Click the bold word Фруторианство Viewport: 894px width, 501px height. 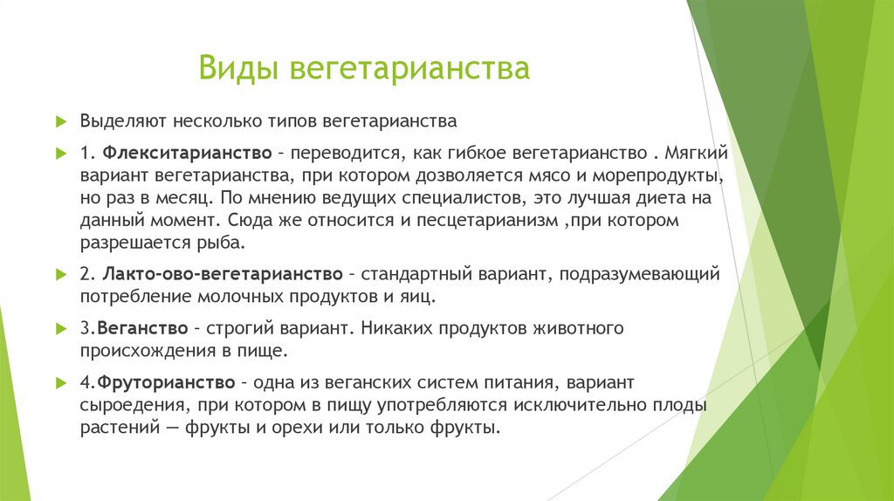point(166,383)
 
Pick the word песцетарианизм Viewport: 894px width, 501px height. point(490,221)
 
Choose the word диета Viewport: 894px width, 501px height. point(668,198)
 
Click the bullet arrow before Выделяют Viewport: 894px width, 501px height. point(61,120)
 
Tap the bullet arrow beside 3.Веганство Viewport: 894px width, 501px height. point(61,329)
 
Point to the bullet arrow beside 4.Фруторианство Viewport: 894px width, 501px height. point(61,383)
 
